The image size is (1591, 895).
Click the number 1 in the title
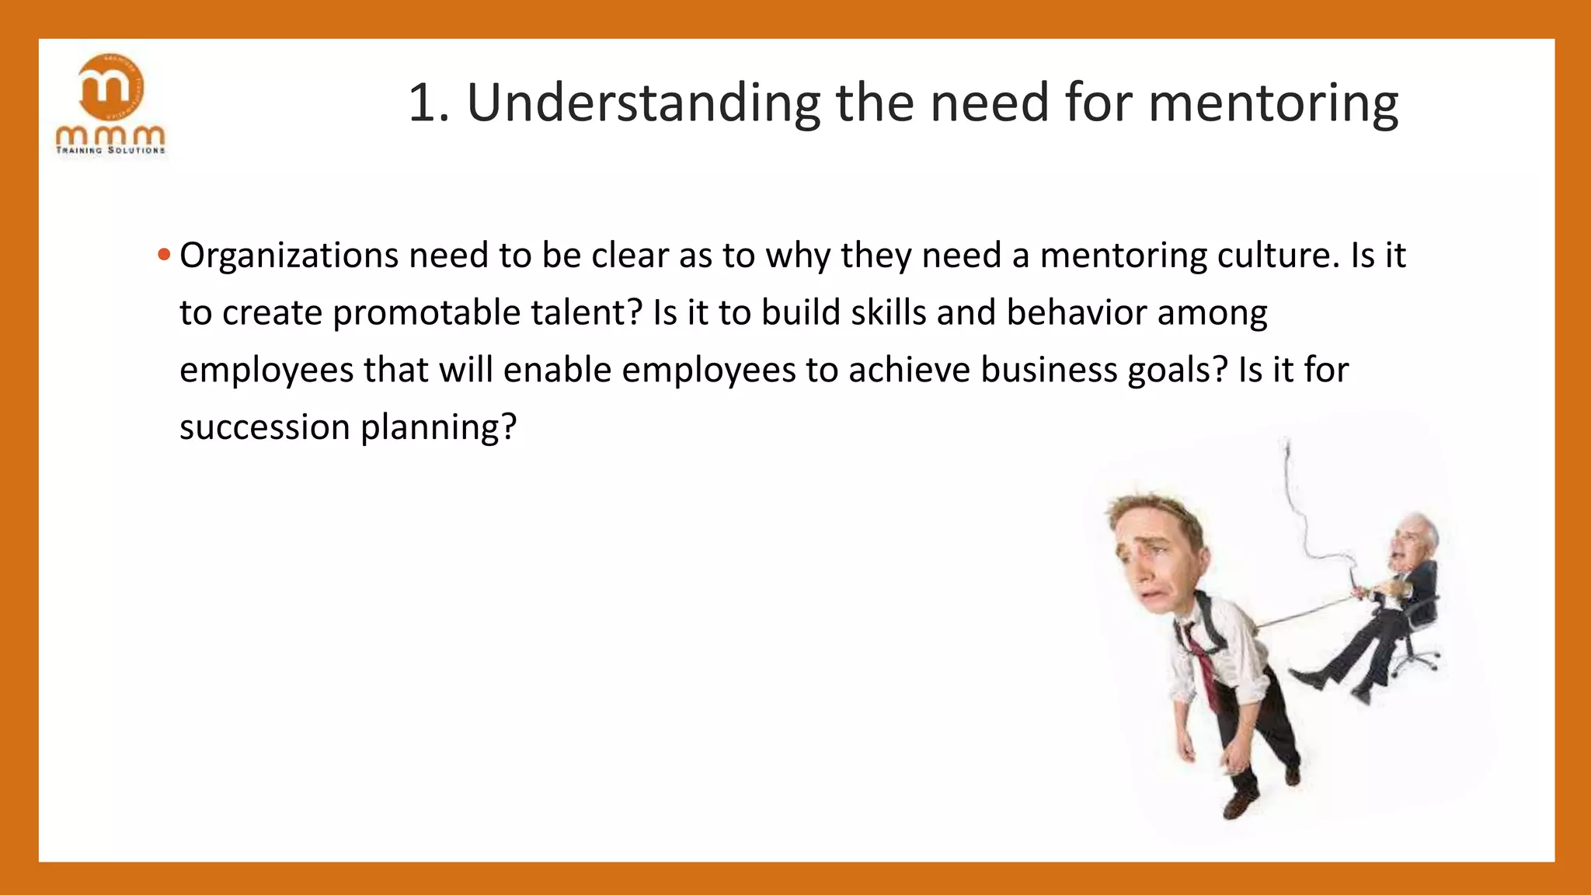point(423,103)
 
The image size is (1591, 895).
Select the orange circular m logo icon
point(110,88)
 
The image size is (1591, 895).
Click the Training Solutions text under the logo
point(110,150)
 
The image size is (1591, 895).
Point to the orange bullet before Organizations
point(163,255)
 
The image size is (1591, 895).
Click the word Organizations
point(289,256)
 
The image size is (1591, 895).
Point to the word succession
point(265,427)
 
